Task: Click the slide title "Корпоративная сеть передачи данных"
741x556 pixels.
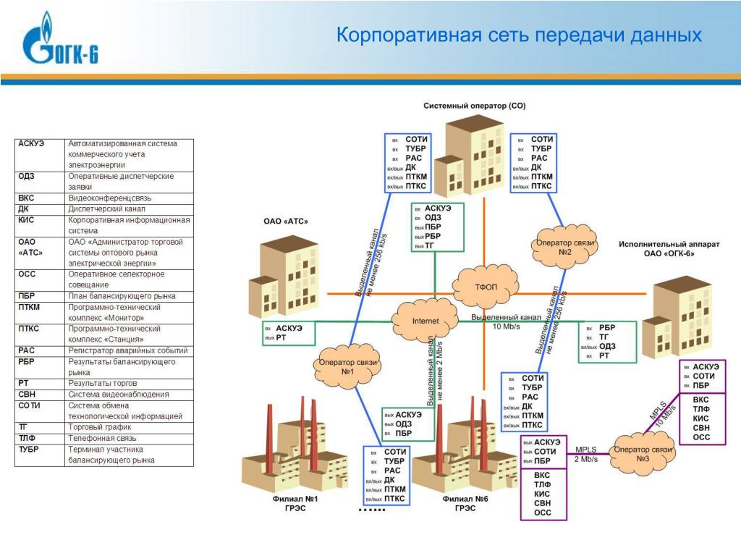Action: click(519, 35)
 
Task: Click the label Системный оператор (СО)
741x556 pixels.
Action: click(474, 106)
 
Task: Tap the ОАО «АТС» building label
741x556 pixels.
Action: click(285, 222)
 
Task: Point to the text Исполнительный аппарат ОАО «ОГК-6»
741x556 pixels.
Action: click(669, 249)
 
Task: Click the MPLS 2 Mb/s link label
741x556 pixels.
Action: click(586, 454)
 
